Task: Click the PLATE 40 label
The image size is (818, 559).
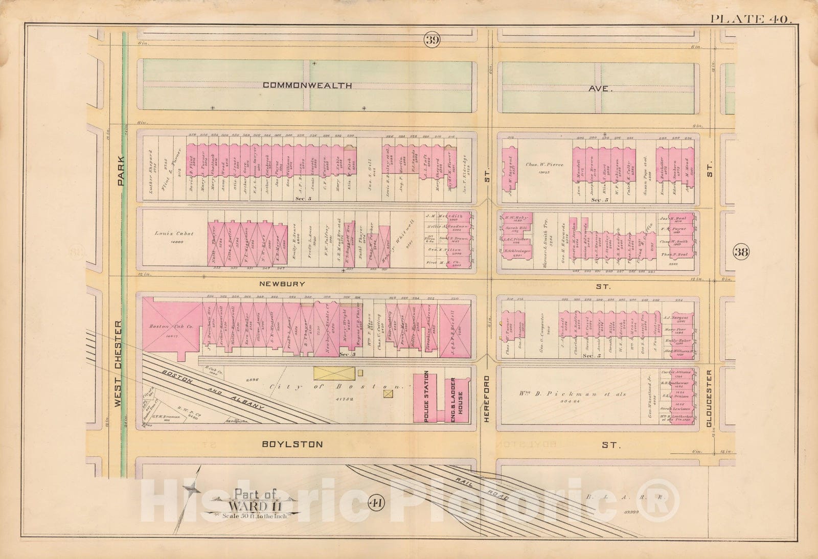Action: [x=750, y=19]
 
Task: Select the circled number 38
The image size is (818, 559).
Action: [x=741, y=251]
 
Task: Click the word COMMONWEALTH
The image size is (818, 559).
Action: [x=307, y=85]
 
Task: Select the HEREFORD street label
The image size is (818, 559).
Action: [x=487, y=399]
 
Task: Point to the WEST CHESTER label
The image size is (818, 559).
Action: [x=119, y=363]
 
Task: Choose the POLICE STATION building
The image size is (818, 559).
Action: [x=425, y=398]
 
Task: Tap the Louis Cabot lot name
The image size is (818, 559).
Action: [x=174, y=234]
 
